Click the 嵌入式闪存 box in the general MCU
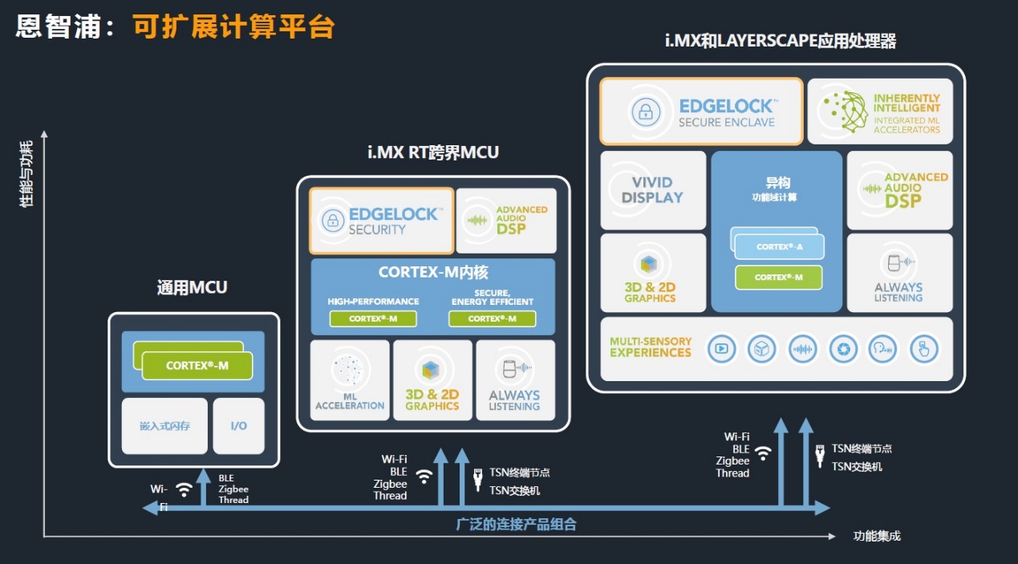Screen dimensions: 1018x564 coord(164,426)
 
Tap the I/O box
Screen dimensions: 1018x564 coord(238,426)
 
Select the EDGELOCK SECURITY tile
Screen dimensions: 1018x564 coord(382,221)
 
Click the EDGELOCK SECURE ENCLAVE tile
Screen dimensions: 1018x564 coord(701,112)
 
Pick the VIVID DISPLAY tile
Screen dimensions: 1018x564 coord(653,190)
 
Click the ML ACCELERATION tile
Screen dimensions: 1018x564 coord(350,380)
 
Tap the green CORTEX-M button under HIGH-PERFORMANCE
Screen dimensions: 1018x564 coord(373,319)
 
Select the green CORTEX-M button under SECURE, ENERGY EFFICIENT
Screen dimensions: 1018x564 coord(493,319)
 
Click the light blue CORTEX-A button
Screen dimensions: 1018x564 coord(780,247)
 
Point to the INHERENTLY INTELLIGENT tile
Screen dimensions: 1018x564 coord(880,112)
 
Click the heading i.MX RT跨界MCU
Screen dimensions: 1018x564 coord(433,152)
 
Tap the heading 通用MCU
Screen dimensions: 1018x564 coord(193,287)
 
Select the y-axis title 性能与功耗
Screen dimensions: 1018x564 coord(26,174)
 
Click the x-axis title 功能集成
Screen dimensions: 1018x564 coord(877,536)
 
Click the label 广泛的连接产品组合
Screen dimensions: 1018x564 coord(517,525)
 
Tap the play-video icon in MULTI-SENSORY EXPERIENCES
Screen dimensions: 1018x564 coord(721,348)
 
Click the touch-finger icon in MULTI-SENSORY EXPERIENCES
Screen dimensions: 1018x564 coord(924,348)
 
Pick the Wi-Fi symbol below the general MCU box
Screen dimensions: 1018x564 coord(184,489)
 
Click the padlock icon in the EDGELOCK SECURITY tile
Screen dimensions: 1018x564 coord(333,221)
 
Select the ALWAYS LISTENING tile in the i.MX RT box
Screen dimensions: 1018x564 coord(515,380)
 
